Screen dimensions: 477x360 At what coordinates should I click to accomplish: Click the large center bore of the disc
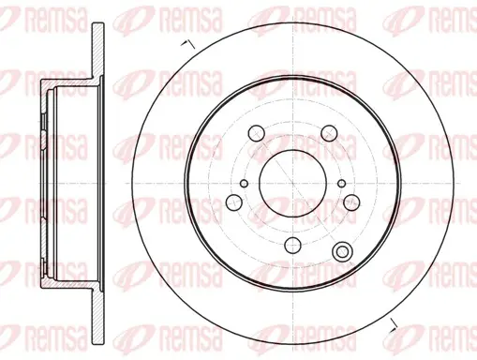click(292, 183)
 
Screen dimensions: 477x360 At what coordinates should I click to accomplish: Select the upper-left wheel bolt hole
click(256, 133)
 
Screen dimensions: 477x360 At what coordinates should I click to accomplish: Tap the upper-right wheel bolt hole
click(330, 133)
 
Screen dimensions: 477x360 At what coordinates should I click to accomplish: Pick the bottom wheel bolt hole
click(292, 246)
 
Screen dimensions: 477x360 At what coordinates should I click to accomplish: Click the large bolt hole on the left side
click(233, 202)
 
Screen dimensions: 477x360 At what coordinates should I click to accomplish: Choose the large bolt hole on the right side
click(351, 202)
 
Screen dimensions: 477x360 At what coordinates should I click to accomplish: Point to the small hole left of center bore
click(245, 184)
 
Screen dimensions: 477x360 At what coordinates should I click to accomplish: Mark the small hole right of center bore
click(342, 184)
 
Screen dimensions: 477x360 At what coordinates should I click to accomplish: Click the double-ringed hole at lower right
click(342, 251)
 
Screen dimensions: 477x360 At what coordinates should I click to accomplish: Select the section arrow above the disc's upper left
click(188, 44)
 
